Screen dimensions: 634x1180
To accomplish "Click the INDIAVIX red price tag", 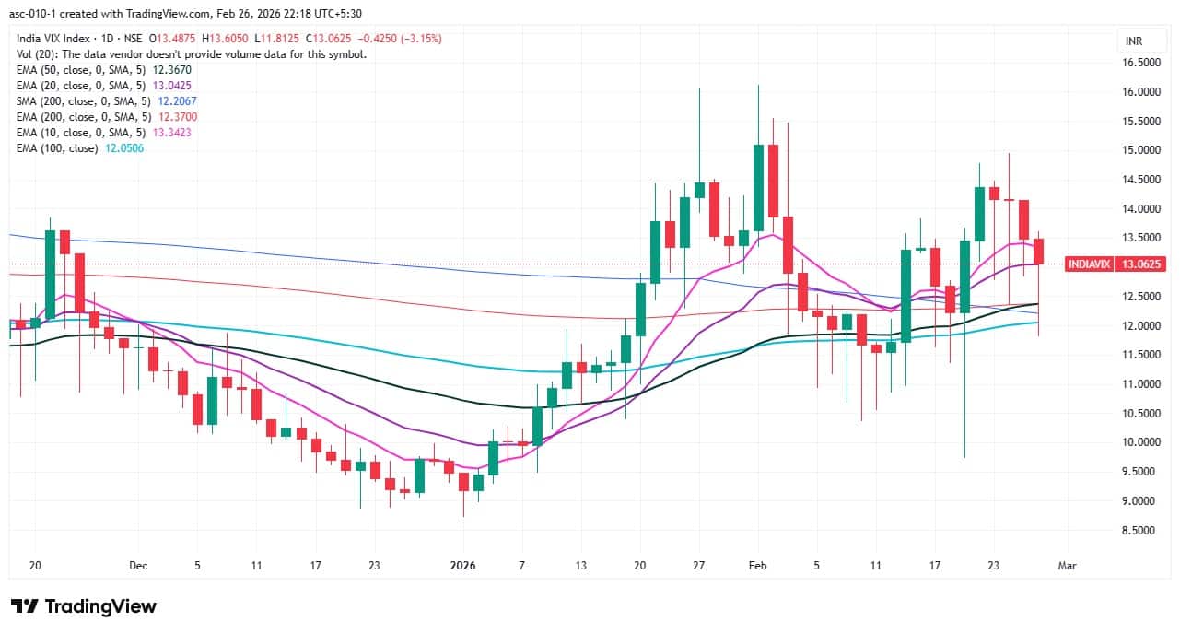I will coord(1089,264).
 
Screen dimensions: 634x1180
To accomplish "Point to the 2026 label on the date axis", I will coord(463,566).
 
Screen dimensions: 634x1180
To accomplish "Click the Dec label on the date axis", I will coord(138,566).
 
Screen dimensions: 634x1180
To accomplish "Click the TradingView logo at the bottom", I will coord(83,606).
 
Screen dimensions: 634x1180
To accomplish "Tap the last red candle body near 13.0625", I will coord(1038,251).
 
